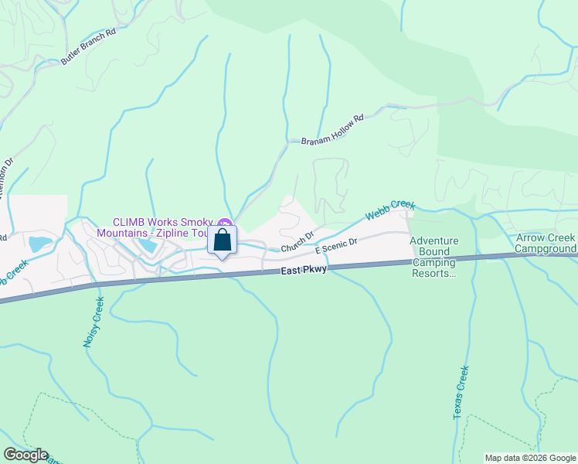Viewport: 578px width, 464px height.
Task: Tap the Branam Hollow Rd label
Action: pos(331,129)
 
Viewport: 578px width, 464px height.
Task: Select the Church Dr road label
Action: pos(297,241)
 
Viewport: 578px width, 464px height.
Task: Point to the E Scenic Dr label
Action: pos(336,246)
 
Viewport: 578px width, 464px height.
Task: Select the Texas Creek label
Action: pos(461,392)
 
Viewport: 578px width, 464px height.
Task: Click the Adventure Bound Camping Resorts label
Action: pos(433,257)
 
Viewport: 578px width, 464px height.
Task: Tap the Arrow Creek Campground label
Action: pos(546,243)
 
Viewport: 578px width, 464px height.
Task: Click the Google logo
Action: pos(25,455)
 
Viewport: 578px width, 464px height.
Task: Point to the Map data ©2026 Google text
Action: pos(530,458)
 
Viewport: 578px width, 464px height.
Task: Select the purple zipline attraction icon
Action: pos(226,223)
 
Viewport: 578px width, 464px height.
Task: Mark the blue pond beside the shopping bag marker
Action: pos(147,246)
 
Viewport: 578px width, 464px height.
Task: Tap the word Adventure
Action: pos(433,241)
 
